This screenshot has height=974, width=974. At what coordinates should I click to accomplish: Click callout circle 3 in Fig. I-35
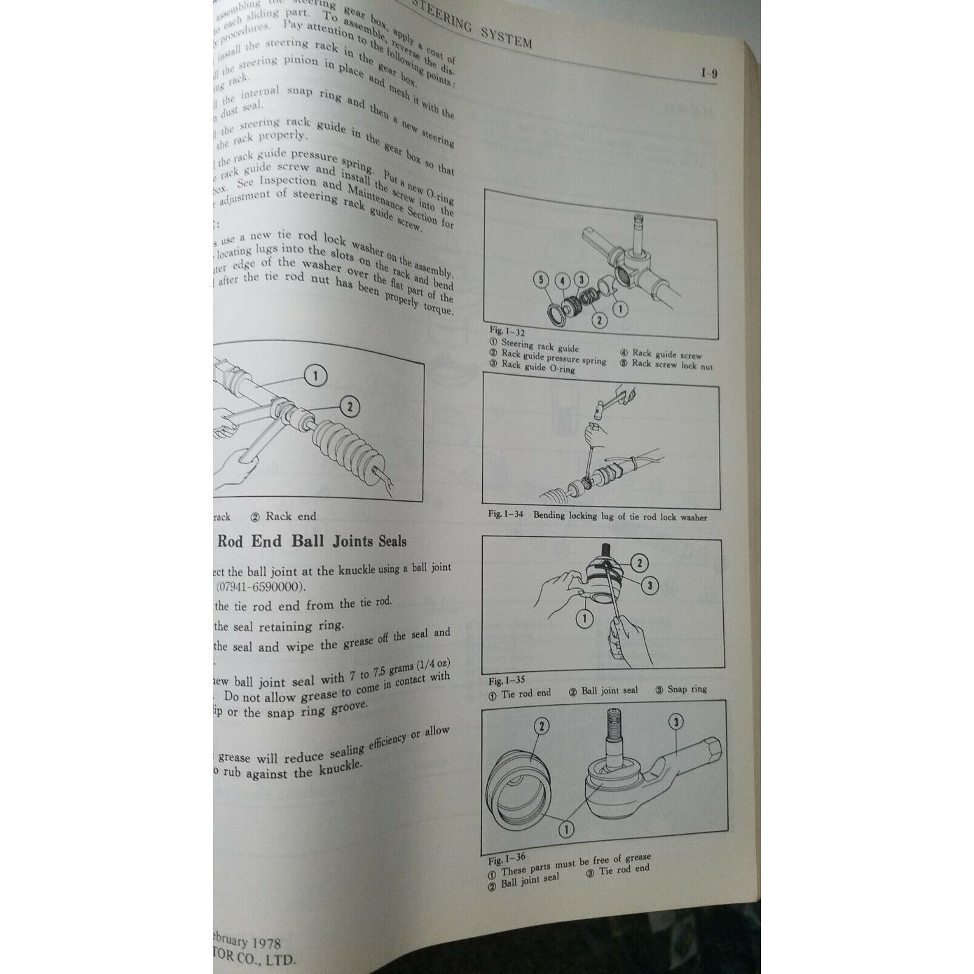coord(650,586)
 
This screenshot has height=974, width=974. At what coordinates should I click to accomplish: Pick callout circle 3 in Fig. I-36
coord(676,723)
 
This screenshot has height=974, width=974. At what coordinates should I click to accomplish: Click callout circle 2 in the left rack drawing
coord(352,405)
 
